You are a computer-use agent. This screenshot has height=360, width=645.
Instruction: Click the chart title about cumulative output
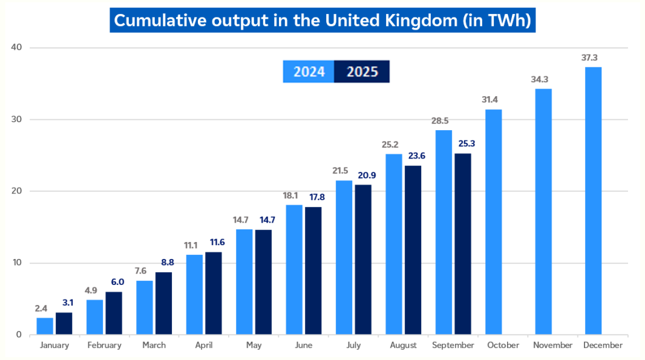pos(322,20)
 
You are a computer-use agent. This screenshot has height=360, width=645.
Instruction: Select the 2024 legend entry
pos(309,72)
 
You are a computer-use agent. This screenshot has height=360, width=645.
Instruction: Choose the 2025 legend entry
pos(362,72)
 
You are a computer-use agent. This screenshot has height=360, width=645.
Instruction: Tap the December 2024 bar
pos(593,201)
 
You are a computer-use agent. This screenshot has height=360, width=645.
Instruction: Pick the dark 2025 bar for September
pos(463,244)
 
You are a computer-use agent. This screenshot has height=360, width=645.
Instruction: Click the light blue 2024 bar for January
pos(45,326)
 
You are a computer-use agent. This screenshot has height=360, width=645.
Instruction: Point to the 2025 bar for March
pos(164,303)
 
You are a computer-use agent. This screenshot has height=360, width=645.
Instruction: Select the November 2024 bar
pos(543,212)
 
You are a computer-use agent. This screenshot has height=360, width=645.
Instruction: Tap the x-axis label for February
pos(104,345)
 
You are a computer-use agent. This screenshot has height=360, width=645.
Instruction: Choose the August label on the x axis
pos(403,345)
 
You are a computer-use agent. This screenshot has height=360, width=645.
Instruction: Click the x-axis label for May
pos(254,345)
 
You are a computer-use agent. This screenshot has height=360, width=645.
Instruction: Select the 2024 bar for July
pos(344,258)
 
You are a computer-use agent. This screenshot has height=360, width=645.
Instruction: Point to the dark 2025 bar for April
pos(214,293)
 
